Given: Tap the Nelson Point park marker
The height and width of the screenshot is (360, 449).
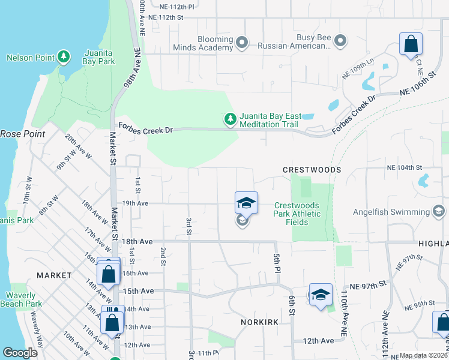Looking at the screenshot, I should click(x=64, y=58).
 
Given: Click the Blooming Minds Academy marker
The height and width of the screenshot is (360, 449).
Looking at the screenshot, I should click(x=242, y=43).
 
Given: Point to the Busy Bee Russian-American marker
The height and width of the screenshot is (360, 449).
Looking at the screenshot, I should click(x=340, y=41).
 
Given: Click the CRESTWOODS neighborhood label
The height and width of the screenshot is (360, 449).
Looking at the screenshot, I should click(x=312, y=170).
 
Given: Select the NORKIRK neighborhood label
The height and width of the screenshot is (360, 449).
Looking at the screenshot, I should click(x=259, y=322).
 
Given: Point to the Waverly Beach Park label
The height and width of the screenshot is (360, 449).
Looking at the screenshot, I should click(x=24, y=299).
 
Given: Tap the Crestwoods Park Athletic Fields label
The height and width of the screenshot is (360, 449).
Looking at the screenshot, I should click(x=297, y=214).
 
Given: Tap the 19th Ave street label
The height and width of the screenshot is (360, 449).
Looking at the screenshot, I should click(x=135, y=203).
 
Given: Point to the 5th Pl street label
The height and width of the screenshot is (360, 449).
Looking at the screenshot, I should click(x=277, y=260).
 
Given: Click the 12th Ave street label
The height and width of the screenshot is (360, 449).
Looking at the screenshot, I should click(x=318, y=340).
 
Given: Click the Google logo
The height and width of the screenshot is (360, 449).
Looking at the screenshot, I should click(x=20, y=353).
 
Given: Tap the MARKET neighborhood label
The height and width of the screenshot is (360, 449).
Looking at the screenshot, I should click(x=54, y=275).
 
